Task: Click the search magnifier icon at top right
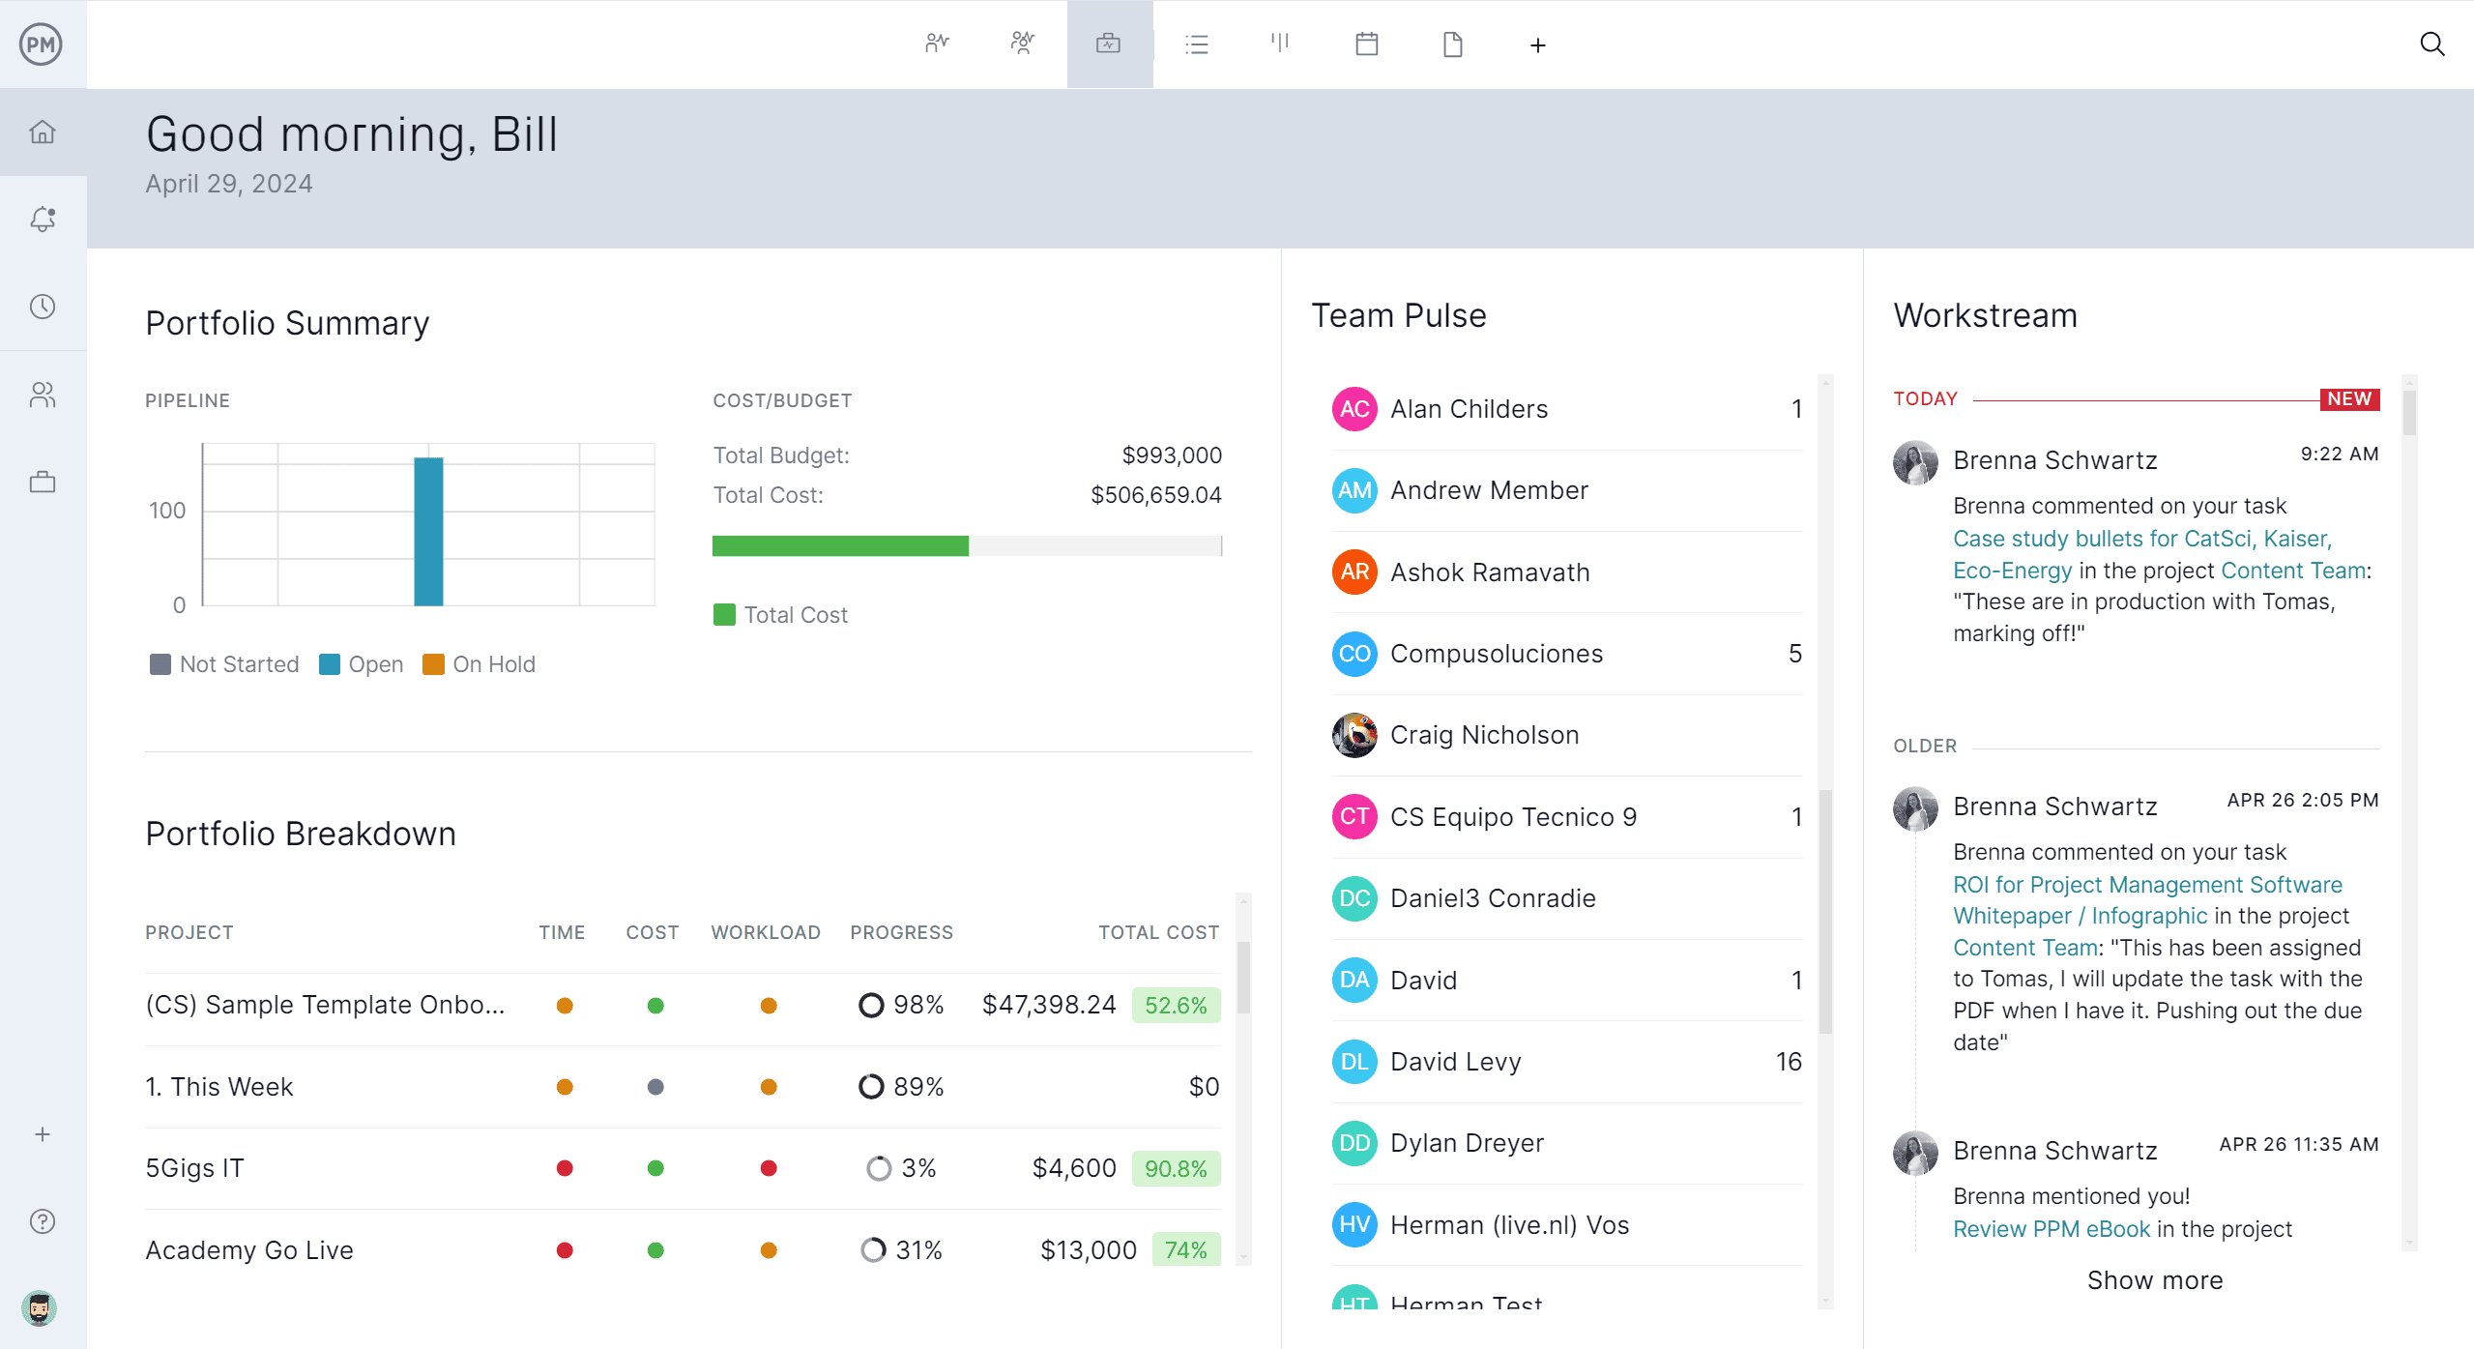tap(2431, 44)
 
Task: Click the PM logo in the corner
tap(42, 44)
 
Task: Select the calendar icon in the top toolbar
tap(1366, 44)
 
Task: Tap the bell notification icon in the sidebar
tap(43, 220)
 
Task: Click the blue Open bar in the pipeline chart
tap(428, 532)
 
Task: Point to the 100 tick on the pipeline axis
tap(167, 511)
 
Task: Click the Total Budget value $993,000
tap(1171, 455)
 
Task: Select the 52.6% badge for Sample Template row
tap(1176, 1006)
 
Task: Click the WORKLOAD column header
tap(766, 932)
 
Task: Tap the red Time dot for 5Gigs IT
tap(565, 1168)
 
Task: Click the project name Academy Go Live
tap(249, 1250)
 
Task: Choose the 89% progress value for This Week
tap(917, 1087)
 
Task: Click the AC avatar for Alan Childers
tap(1353, 409)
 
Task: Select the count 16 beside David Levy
tap(1788, 1062)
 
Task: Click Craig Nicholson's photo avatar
tap(1353, 735)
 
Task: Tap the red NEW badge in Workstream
tap(2348, 399)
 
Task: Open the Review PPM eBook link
tap(2051, 1229)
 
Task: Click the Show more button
tap(2154, 1280)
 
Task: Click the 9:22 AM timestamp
tap(2339, 455)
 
